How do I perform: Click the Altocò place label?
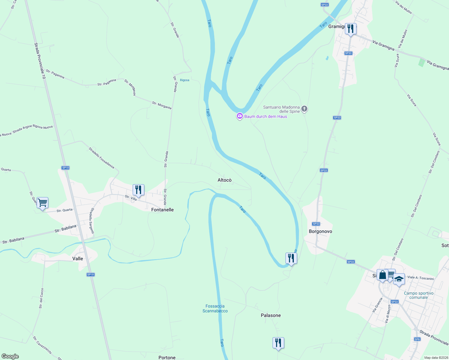pos(224,180)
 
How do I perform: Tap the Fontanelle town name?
pos(162,210)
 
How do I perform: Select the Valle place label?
pos(78,259)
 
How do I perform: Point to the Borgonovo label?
pos(320,231)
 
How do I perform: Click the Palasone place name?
pos(271,315)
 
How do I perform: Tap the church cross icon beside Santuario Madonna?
pos(304,109)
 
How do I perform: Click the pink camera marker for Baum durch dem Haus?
pos(240,116)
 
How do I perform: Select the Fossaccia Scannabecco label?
pos(215,308)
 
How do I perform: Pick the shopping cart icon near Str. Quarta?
pos(42,203)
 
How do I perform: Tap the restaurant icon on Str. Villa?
pos(138,190)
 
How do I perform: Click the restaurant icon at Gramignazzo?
pos(351,29)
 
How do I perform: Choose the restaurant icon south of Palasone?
pos(278,343)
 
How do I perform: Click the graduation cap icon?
pos(399,279)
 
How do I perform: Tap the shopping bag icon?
pos(383,275)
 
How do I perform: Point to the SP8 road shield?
pos(417,339)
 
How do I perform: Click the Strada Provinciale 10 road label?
pos(40,61)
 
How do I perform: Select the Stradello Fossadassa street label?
pos(101,157)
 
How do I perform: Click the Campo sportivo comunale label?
pos(418,295)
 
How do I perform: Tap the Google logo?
pos(10,356)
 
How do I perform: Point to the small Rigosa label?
pos(185,80)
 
